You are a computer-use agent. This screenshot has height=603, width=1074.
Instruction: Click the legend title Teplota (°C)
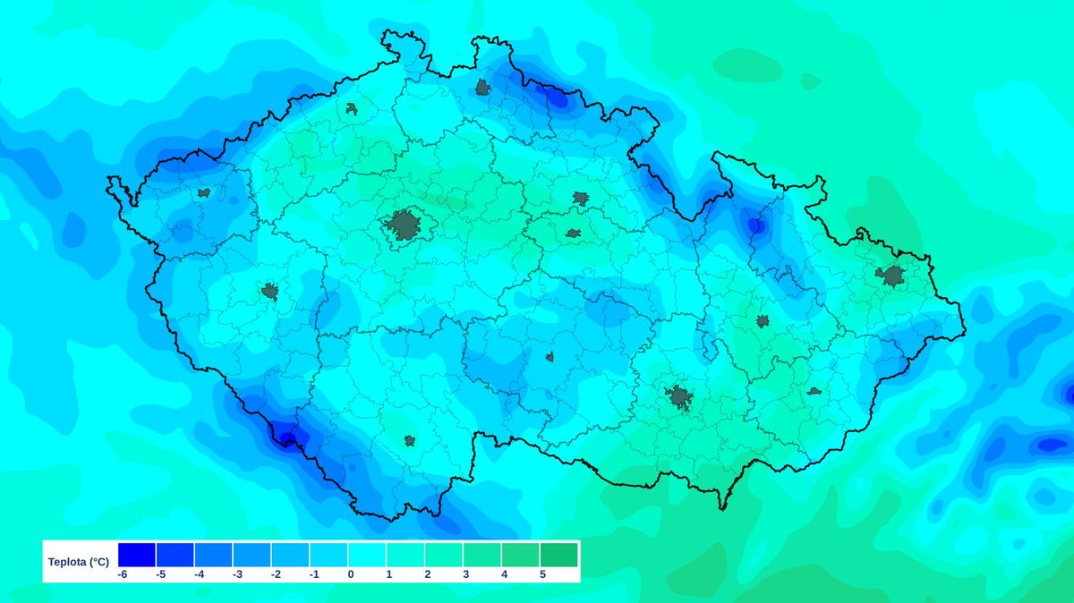[79, 562]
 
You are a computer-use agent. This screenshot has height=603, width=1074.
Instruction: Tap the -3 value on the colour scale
[237, 574]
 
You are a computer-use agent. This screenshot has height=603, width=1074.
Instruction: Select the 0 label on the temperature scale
[351, 574]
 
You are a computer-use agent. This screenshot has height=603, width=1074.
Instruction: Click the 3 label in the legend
[465, 574]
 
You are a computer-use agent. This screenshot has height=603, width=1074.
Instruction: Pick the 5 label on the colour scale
[541, 574]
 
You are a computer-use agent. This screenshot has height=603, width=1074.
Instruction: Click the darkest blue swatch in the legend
[136, 555]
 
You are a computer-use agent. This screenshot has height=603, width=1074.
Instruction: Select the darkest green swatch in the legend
[558, 555]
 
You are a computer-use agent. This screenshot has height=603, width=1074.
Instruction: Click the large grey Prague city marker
[405, 225]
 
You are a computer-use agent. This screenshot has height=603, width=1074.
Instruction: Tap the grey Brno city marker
[679, 397]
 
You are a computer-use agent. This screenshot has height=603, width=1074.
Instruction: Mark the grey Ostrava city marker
[892, 276]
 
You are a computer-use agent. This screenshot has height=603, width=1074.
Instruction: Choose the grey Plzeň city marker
[269, 291]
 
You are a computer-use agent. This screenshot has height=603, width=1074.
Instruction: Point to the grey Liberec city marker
[482, 87]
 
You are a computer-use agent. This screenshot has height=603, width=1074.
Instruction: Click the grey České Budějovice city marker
[409, 440]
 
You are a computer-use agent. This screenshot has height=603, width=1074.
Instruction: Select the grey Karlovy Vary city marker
[204, 192]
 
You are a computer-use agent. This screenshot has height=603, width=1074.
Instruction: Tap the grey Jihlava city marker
[550, 357]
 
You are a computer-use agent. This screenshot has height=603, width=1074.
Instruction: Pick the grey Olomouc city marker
[763, 321]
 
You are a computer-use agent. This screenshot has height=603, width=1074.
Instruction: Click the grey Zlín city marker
[814, 391]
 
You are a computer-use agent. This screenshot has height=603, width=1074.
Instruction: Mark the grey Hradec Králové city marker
[581, 199]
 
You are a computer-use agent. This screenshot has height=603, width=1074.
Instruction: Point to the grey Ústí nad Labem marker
[352, 109]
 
